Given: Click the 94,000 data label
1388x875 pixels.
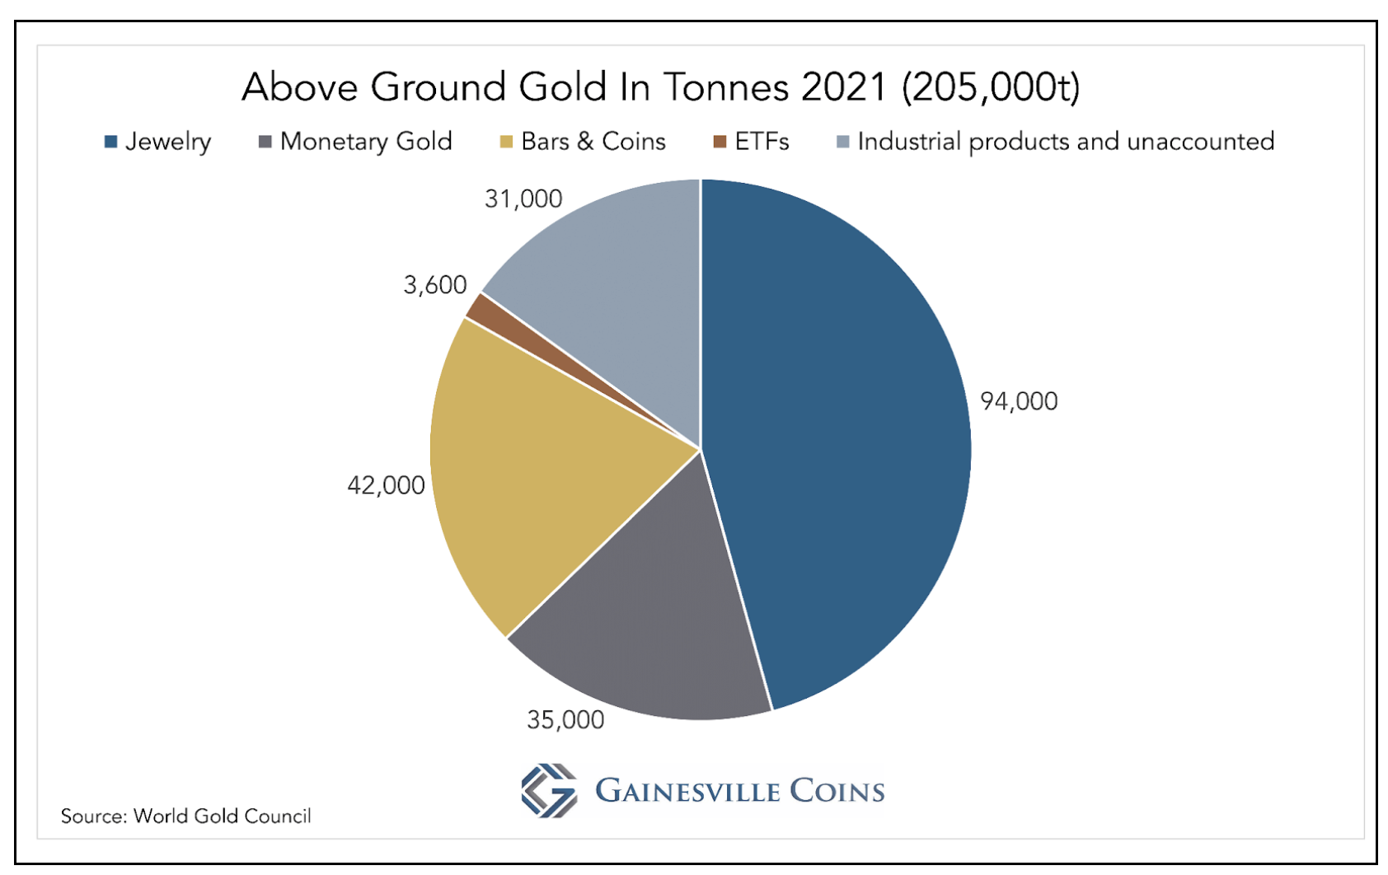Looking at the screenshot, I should (x=1019, y=401).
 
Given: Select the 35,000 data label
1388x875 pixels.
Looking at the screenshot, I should (x=565, y=719).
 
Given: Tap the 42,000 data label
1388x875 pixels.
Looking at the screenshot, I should (x=386, y=484).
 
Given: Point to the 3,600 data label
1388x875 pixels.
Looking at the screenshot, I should (x=434, y=284).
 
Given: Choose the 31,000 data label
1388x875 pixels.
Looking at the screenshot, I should (x=523, y=199).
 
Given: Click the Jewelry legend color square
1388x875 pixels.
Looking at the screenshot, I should (x=110, y=142).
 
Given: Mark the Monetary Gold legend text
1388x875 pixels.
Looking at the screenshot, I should (x=366, y=142).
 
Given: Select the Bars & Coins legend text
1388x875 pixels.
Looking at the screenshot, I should (x=593, y=142).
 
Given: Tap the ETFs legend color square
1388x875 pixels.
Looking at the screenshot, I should (x=720, y=142).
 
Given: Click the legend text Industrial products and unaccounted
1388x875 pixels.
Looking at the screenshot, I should (x=1066, y=142).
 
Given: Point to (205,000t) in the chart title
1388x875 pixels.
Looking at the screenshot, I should (x=991, y=87).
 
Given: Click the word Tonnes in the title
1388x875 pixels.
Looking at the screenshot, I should (x=726, y=87).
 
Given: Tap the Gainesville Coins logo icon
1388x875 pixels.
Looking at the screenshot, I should (x=549, y=790).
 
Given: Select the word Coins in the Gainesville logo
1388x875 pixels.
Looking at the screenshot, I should (x=837, y=791).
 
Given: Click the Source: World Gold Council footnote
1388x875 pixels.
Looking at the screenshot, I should (x=186, y=816).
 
